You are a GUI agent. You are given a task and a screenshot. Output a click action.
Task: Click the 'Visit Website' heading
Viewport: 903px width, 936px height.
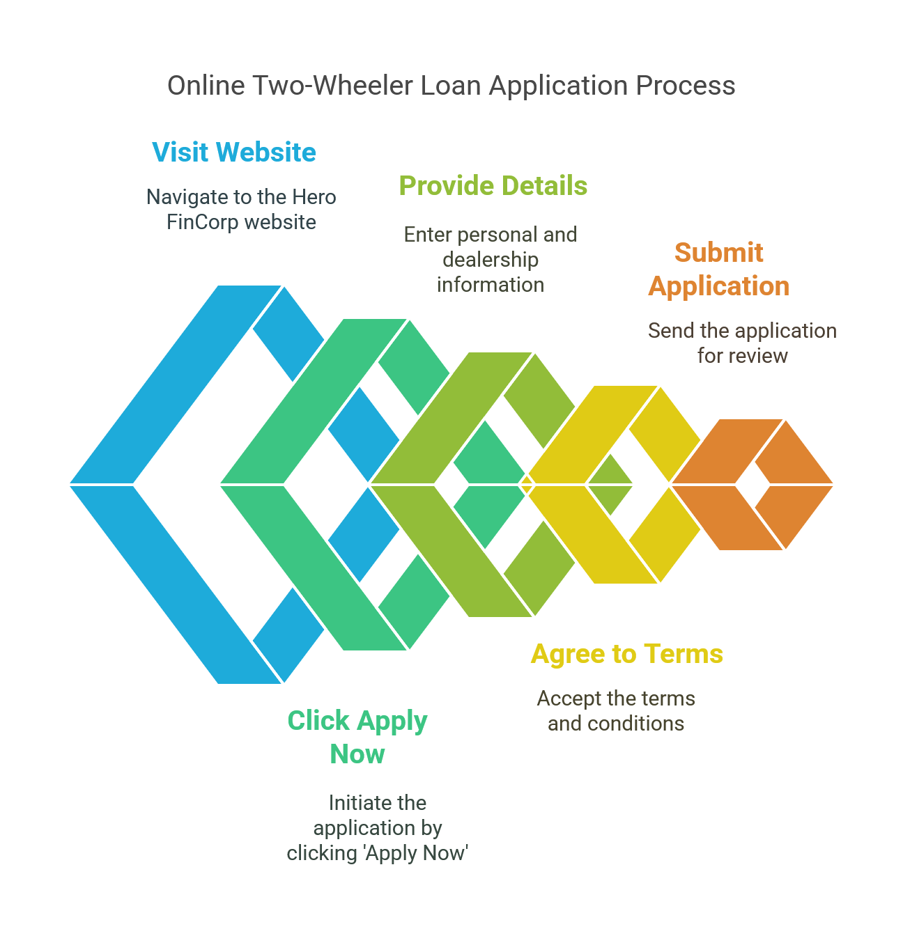pos(234,153)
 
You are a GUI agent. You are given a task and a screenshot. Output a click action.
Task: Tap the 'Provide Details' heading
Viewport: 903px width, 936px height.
pos(493,186)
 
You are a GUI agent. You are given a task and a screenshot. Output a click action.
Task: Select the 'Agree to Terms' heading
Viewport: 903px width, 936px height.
pos(626,654)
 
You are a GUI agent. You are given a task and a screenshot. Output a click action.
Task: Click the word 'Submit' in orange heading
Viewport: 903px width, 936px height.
pos(718,253)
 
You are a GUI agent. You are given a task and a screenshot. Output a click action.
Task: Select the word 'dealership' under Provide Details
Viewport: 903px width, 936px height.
pos(491,260)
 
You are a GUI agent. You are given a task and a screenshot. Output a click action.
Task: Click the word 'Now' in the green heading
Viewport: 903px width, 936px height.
pos(357,754)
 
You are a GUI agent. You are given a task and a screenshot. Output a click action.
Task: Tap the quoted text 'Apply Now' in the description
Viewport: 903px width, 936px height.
pos(416,853)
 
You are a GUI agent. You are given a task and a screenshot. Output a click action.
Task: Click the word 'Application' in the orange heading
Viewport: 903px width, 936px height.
pos(718,286)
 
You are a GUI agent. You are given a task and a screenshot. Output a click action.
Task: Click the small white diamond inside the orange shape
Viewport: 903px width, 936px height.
pos(752,484)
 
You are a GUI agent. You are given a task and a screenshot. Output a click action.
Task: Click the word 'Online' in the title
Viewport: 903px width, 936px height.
pos(206,86)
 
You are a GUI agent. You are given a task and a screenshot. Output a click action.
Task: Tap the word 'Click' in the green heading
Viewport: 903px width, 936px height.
pos(318,721)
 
